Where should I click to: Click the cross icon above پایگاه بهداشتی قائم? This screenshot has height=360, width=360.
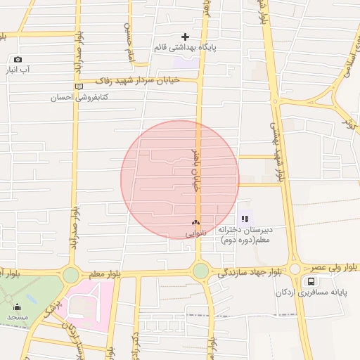coord(185,37)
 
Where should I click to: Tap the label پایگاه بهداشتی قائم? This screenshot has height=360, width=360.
coord(184,48)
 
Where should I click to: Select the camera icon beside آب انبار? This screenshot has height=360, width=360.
coord(18,60)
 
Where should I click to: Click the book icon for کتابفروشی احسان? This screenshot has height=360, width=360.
coord(78,86)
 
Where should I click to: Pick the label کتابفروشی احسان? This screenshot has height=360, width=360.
coord(52,98)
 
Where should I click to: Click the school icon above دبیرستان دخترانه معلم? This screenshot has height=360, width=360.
coord(245,219)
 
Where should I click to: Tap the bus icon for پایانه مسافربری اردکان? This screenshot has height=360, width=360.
coord(310,282)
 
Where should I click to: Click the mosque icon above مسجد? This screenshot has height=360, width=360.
coord(17,307)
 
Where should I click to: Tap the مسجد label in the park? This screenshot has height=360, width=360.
coord(17,317)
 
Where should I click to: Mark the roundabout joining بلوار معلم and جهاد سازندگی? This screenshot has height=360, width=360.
coord(200,271)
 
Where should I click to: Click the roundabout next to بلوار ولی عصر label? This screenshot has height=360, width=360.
coord(295,269)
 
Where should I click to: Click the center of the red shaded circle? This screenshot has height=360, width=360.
coord(180,180)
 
